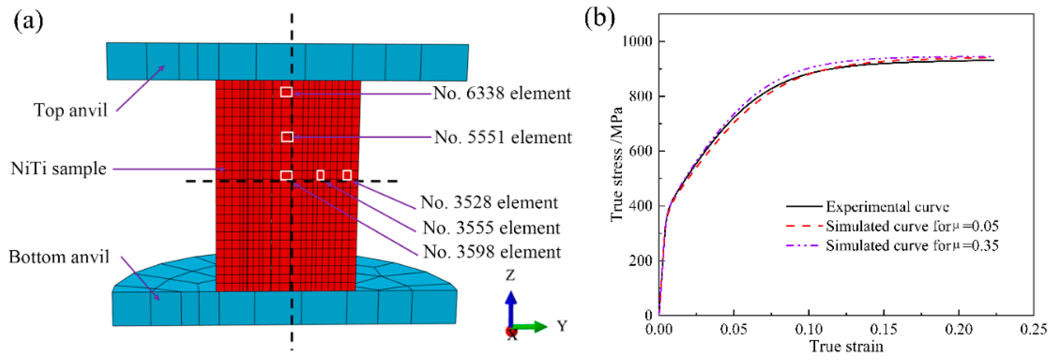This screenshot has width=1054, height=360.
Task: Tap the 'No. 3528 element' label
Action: pyautogui.click(x=489, y=203)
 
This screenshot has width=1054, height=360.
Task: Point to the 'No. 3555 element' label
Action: pyautogui.click(x=491, y=228)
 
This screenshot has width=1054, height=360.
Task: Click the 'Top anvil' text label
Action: pyautogui.click(x=70, y=110)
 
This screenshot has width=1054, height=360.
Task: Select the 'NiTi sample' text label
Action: pyautogui.click(x=59, y=168)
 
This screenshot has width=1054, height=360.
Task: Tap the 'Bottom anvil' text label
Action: pyautogui.click(x=59, y=257)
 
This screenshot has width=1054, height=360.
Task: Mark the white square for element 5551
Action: pyautogui.click(x=287, y=137)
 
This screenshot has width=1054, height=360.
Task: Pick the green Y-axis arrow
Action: pyautogui.click(x=530, y=326)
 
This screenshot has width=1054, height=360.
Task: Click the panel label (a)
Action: pyautogui.click(x=28, y=20)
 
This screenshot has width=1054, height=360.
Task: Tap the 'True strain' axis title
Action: pyautogui.click(x=846, y=346)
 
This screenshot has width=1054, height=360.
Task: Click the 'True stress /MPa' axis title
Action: pyautogui.click(x=616, y=164)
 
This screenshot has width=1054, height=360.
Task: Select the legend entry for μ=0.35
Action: pyautogui.click(x=912, y=246)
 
